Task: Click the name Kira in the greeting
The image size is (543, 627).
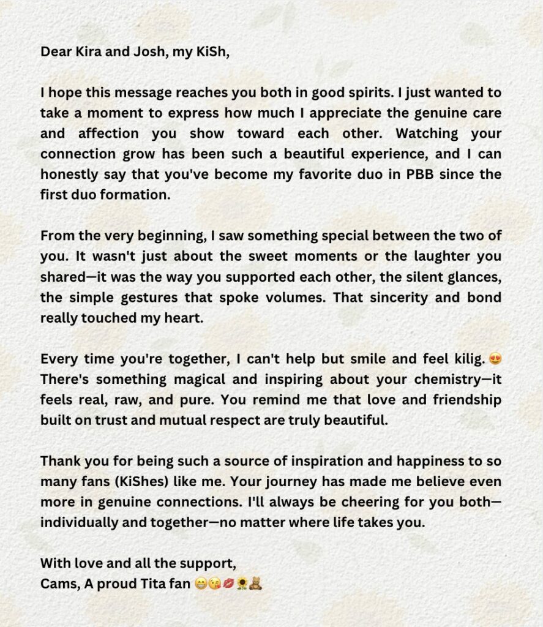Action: click(x=80, y=51)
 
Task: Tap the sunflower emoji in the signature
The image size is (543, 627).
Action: click(x=242, y=584)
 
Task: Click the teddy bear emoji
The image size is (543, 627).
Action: click(x=257, y=584)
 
